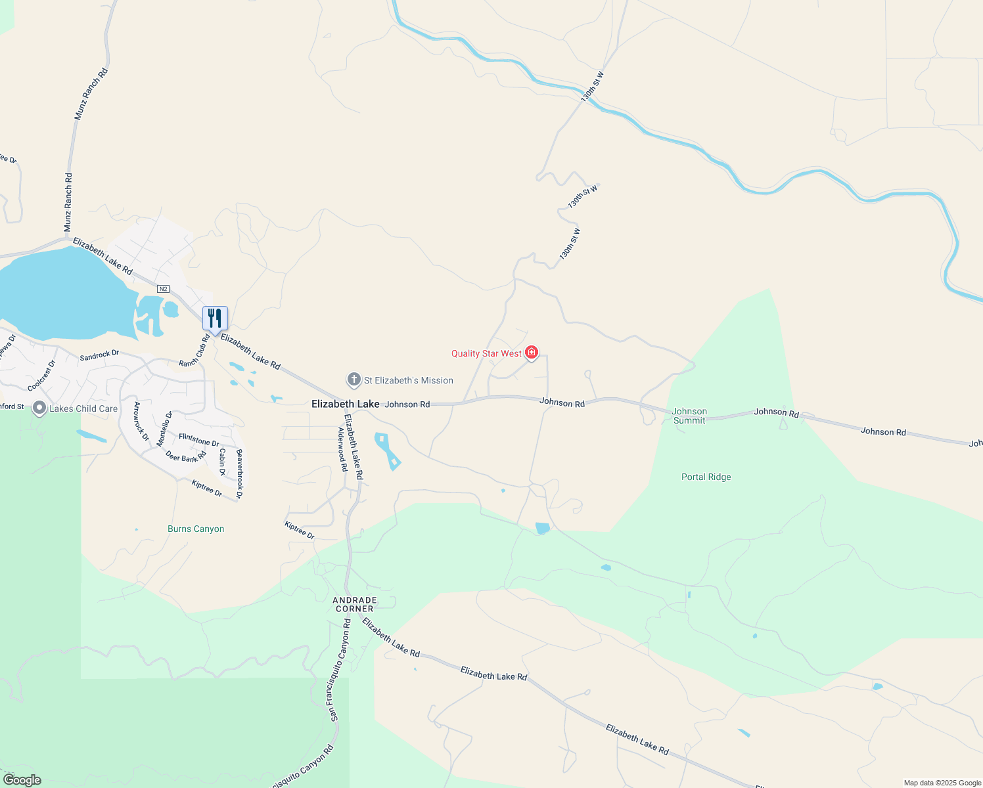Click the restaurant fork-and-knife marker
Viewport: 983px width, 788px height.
coord(215,318)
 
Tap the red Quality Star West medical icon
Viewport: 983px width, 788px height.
coord(532,353)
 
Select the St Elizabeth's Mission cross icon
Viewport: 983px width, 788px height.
coord(354,380)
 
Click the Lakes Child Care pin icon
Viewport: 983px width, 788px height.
coord(39,408)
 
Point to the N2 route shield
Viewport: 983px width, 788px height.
coord(164,289)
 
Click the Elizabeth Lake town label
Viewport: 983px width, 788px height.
coord(345,404)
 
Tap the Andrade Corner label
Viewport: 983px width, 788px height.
coord(355,604)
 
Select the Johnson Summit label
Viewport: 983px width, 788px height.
coord(689,416)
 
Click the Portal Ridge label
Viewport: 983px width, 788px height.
coord(706,477)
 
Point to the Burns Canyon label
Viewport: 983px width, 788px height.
coord(196,529)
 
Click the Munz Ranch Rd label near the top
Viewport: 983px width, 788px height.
coord(91,94)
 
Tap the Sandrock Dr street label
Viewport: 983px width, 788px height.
coord(99,355)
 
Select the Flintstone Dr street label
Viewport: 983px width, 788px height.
coord(198,439)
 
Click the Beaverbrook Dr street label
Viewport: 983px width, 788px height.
coord(239,473)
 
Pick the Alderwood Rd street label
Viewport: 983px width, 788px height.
coord(342,450)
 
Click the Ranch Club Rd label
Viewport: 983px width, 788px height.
coord(194,351)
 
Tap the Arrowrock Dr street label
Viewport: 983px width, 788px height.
coord(141,421)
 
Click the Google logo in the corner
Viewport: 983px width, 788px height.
coord(22,780)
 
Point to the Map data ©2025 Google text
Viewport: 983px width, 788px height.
coord(942,783)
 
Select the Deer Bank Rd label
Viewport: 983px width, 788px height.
coord(186,456)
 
